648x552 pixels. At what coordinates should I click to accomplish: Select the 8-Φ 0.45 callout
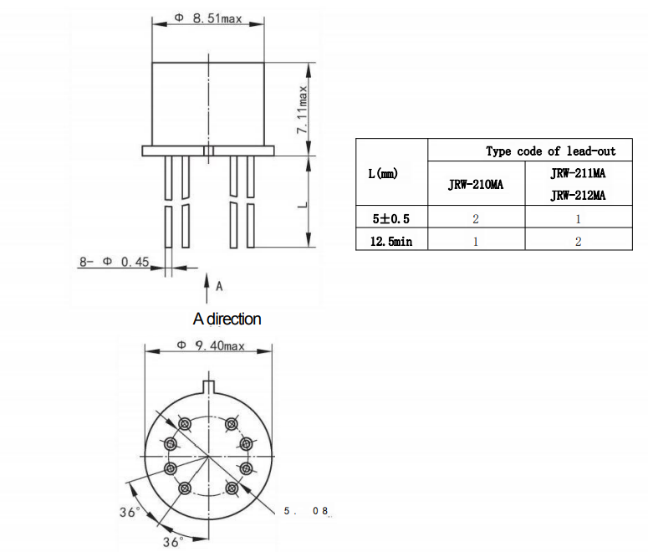point(114,262)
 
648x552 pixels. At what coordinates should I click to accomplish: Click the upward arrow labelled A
point(207,289)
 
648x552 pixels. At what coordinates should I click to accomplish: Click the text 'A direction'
point(227,319)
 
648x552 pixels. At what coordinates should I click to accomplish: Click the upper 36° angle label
point(128,512)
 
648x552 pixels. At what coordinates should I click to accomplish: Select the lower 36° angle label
point(172,541)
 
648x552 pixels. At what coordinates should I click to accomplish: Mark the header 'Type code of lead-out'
point(550,151)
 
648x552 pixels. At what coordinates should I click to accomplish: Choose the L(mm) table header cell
point(383,174)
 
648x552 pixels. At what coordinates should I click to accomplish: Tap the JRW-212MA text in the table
point(577,196)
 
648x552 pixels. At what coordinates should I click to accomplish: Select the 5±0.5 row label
point(391,218)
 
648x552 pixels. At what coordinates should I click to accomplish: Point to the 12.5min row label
point(391,241)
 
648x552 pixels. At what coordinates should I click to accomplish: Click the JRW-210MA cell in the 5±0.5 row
point(476,218)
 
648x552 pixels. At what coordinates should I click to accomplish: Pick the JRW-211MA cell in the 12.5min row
point(577,241)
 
